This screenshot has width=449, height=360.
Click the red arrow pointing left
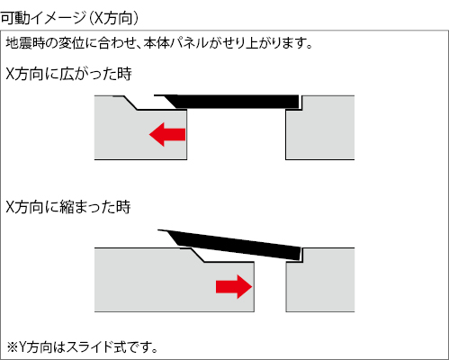[167, 134]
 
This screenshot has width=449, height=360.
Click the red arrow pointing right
[234, 286]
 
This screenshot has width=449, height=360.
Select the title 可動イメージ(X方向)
[69, 18]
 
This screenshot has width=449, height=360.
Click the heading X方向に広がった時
[68, 74]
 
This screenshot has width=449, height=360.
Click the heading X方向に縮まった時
[68, 207]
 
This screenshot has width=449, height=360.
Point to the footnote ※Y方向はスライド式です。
[83, 347]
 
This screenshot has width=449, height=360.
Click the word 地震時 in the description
[25, 43]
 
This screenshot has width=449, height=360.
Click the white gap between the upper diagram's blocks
[237, 134]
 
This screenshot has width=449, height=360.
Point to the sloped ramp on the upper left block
[130, 103]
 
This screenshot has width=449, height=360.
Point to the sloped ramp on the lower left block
[197, 255]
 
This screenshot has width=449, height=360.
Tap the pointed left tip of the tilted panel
[158, 230]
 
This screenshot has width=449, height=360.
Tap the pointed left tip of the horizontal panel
[155, 95]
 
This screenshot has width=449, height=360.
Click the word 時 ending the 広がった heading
[124, 74]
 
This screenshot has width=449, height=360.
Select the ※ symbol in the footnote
[13, 347]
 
